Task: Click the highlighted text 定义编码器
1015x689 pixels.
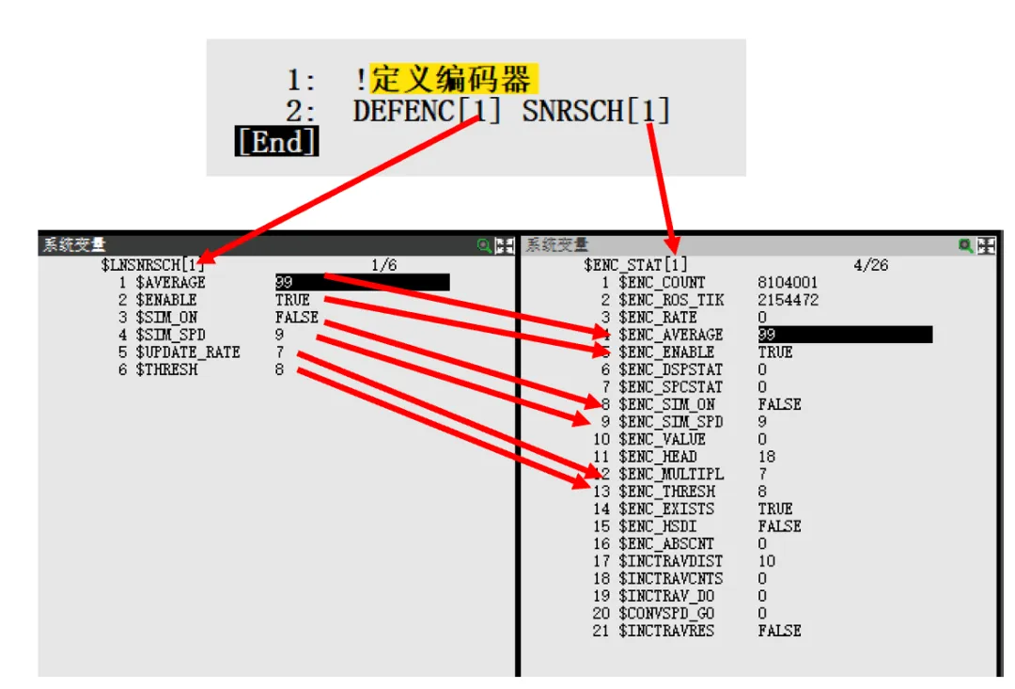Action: point(452,78)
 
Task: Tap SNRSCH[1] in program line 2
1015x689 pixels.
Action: point(596,112)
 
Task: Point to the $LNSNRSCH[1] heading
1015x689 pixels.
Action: point(152,265)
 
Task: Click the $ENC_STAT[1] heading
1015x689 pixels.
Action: point(635,265)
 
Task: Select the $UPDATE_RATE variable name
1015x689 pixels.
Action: point(188,352)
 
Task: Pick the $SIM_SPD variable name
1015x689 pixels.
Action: point(170,335)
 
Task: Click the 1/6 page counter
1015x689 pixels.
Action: point(384,265)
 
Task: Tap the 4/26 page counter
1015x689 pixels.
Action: point(870,265)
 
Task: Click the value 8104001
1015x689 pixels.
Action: point(788,282)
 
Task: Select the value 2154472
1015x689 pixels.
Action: point(788,300)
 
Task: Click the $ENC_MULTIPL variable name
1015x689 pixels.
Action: point(671,474)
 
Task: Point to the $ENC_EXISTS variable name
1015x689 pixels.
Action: point(666,509)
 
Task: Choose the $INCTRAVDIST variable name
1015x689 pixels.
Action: point(671,561)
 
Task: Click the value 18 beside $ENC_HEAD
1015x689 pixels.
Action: point(767,457)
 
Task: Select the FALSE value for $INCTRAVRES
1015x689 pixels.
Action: point(779,631)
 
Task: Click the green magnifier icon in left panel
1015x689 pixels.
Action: point(484,245)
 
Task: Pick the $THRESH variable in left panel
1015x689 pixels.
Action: point(166,369)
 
